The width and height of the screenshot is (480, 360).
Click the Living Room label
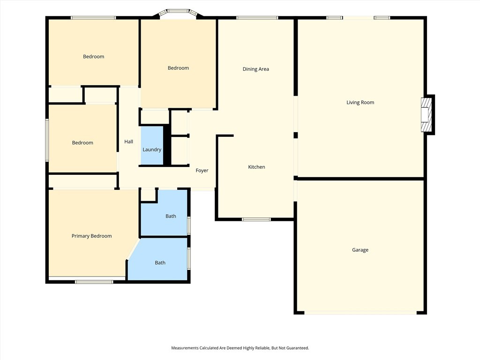[360, 102]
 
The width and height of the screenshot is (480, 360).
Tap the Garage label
[360, 250]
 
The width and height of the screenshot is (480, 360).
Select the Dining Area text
[255, 69]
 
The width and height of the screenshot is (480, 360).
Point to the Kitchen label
[256, 167]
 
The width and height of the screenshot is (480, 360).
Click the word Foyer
[202, 171]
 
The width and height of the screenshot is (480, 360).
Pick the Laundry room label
[152, 150]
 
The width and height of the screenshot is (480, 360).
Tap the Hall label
[128, 142]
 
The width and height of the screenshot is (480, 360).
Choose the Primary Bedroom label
[91, 236]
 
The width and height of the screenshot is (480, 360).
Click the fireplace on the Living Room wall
[427, 115]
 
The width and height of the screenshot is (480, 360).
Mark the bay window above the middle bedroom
[178, 12]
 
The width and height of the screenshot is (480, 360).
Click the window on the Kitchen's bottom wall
[256, 219]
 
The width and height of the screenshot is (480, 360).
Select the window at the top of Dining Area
[257, 18]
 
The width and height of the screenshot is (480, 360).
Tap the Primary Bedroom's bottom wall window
[94, 282]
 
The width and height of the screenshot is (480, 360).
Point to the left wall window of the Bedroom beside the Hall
[47, 140]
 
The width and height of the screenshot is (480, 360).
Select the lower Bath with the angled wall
[160, 263]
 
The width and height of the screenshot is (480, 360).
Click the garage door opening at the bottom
[360, 313]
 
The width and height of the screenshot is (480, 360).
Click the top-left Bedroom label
[93, 57]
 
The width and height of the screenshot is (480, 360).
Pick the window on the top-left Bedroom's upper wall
[93, 18]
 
